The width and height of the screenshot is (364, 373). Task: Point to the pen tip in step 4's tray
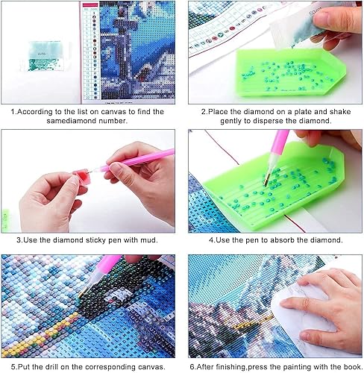[266, 180]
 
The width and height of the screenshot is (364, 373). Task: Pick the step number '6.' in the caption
[192, 367]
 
